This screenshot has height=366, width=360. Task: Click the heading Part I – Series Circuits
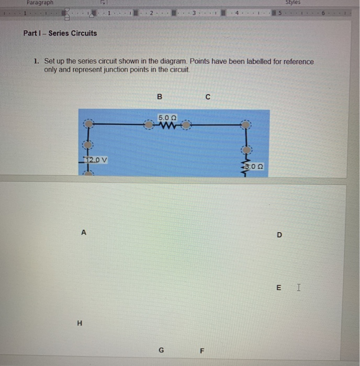click(60, 33)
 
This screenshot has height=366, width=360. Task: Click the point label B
click(160, 97)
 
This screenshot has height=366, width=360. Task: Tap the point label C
click(208, 97)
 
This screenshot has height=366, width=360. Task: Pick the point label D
click(279, 235)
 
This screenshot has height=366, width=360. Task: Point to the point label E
click(278, 287)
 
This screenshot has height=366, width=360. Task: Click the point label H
click(80, 323)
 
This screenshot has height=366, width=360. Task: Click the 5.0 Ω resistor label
click(166, 117)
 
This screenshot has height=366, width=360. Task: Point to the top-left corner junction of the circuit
click(89, 124)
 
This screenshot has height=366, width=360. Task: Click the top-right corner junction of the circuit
click(245, 125)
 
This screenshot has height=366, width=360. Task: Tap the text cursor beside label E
click(298, 287)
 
